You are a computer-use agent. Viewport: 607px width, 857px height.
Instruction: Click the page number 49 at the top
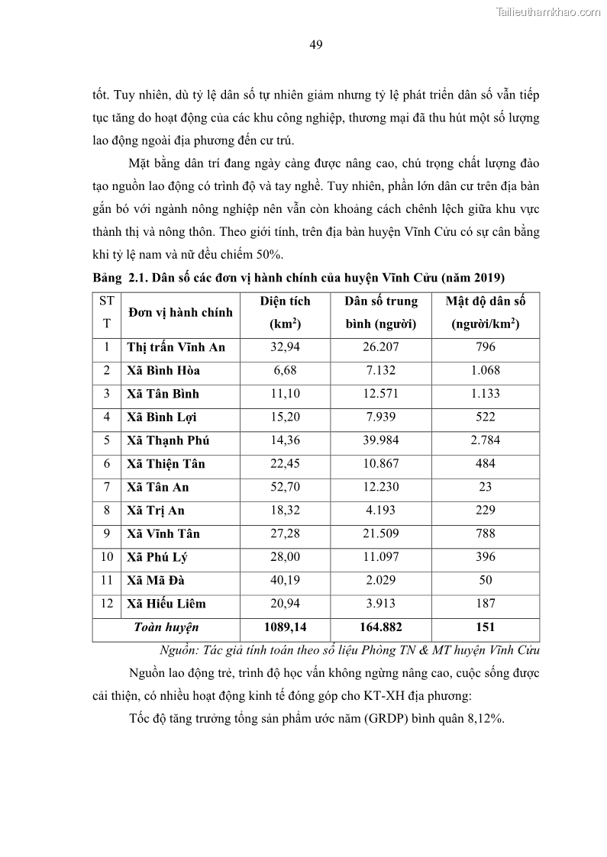tap(316, 44)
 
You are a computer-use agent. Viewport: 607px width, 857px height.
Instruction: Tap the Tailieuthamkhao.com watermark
tap(548, 11)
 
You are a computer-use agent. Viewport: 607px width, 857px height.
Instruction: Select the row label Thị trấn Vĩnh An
tap(176, 347)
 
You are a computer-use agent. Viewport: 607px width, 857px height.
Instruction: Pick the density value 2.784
tap(485, 440)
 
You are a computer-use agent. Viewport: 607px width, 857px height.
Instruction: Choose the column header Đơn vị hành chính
tap(181, 312)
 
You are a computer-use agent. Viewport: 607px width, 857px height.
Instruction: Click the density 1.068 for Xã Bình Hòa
tap(485, 370)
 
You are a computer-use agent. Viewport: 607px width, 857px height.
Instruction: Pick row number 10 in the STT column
tap(106, 557)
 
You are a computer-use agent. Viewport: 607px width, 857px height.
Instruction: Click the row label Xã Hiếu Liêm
tap(166, 604)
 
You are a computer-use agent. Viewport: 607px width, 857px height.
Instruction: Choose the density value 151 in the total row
tap(485, 627)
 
